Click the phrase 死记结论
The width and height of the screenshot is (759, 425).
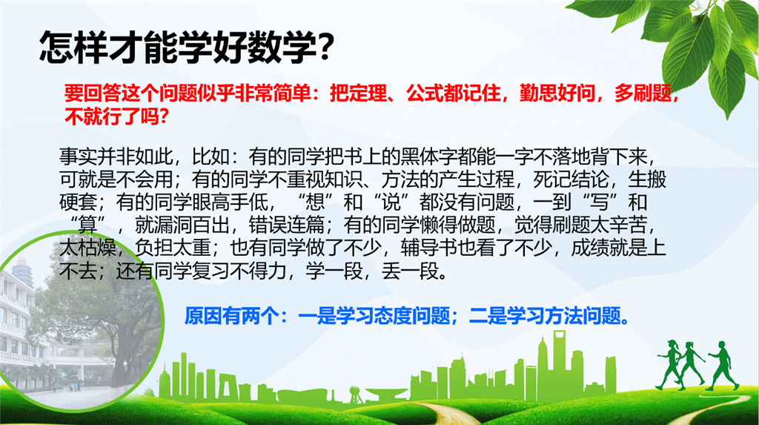(x=571, y=179)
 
